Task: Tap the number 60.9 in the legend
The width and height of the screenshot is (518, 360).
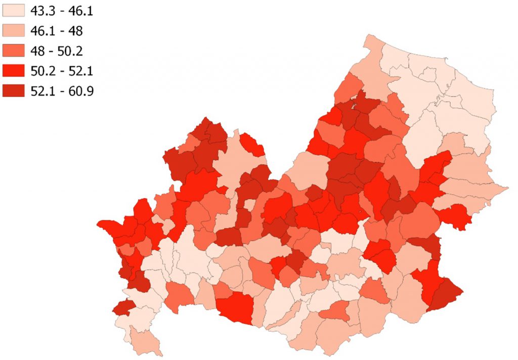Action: click(x=82, y=91)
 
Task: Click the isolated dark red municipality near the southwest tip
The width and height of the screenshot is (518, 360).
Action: click(x=123, y=306)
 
